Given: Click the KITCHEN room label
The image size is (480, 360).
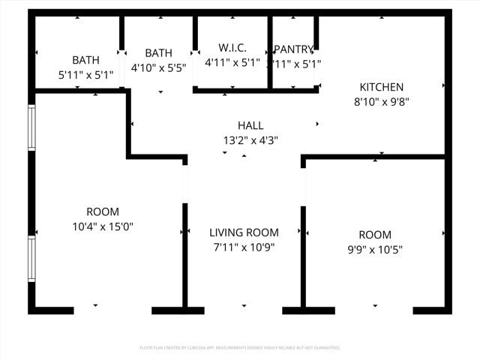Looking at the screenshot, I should (x=381, y=87).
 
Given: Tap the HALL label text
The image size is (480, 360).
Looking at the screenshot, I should (x=250, y=125).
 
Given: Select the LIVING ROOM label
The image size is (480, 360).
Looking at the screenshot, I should (x=244, y=232).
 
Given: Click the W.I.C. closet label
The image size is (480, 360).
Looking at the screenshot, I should (x=232, y=48).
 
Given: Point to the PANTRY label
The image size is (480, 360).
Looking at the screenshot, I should (x=294, y=49).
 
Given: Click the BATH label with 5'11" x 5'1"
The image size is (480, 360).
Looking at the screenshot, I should (x=86, y=60).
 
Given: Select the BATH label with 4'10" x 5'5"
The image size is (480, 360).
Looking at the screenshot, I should (x=158, y=53).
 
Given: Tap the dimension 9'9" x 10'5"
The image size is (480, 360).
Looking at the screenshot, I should (x=374, y=249).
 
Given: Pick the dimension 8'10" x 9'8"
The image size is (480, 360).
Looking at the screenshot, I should (x=381, y=101).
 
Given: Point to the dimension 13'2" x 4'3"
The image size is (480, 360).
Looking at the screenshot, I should (x=250, y=139).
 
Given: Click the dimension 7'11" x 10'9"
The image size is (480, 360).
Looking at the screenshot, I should (x=244, y=247).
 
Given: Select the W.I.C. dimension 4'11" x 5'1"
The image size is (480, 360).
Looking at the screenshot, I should (x=232, y=63).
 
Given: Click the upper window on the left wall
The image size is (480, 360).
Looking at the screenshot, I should (x=31, y=127).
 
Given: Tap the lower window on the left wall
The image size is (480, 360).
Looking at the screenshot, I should (x=31, y=259).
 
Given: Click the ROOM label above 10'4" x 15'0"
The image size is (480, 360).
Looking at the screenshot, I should (x=103, y=211).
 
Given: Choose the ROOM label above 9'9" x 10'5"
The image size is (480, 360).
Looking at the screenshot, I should (x=374, y=235).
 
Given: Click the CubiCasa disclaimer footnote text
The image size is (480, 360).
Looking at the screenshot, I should (x=240, y=347).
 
